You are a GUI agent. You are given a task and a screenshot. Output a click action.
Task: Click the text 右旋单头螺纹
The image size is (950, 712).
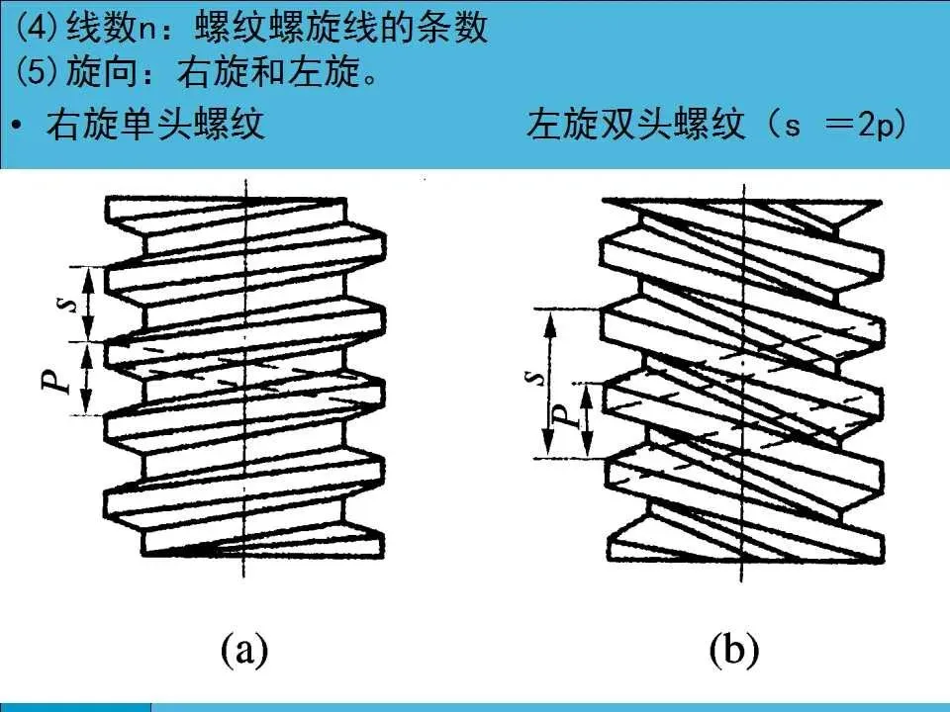pyautogui.click(x=155, y=127)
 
